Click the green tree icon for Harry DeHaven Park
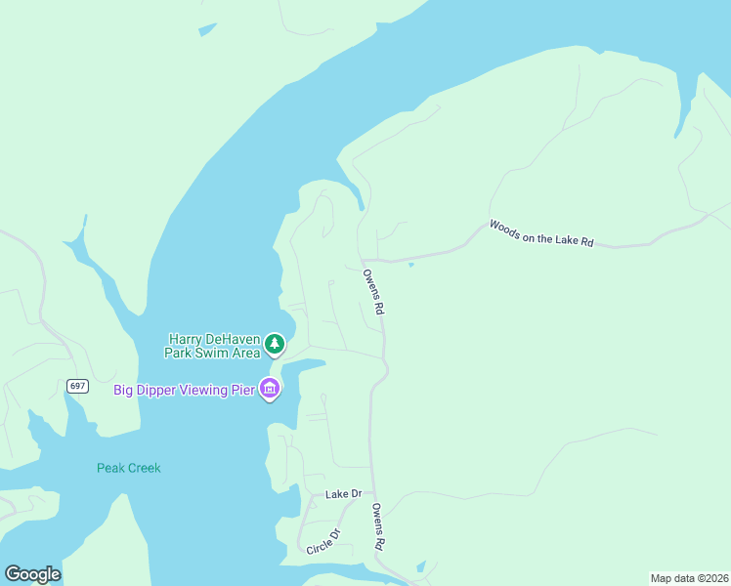(x=276, y=344)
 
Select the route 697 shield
(x=78, y=386)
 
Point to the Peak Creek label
(x=128, y=468)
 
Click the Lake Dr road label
(x=343, y=494)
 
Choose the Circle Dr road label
(x=322, y=540)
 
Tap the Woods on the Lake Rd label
(x=541, y=233)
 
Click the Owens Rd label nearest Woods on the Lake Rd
(x=373, y=291)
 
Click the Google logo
(x=32, y=574)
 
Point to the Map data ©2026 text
(x=689, y=578)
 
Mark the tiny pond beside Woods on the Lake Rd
(x=410, y=265)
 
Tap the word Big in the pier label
(x=123, y=390)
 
